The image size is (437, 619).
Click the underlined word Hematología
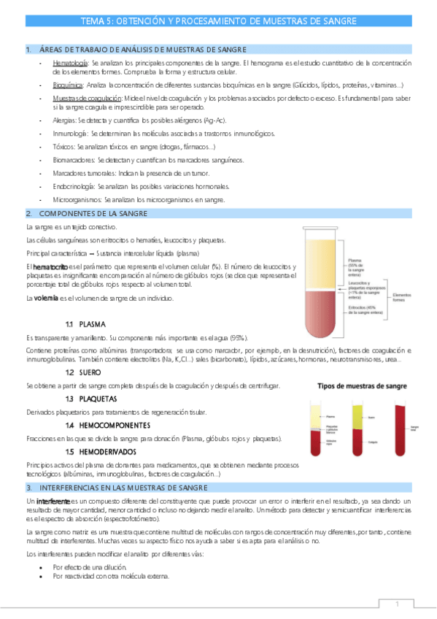coord(70,64)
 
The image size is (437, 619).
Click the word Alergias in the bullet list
coord(65,118)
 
